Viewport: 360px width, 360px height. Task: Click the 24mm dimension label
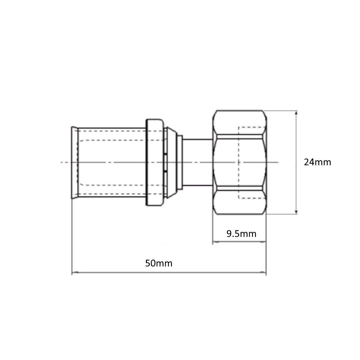tap(317, 162)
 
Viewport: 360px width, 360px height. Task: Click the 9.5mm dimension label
tap(241, 234)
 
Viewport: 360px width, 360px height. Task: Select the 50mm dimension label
tap(159, 263)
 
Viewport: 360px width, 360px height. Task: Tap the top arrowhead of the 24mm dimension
tap(296, 113)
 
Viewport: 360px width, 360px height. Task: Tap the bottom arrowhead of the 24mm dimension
tap(296, 212)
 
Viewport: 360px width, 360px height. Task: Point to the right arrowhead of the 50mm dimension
tap(264, 273)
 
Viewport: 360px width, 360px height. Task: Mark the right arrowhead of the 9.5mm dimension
tap(264, 242)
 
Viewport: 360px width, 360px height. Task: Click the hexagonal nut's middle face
tap(239, 162)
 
